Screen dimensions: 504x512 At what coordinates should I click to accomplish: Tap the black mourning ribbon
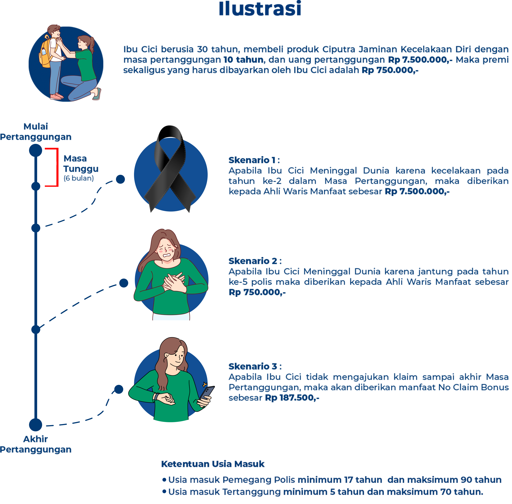169,169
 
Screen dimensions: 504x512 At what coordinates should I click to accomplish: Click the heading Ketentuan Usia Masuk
212,464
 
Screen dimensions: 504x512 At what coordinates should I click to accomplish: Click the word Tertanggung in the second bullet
251,492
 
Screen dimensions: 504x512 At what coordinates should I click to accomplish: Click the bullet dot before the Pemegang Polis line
164,480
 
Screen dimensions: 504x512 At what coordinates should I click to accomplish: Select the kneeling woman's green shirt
86,65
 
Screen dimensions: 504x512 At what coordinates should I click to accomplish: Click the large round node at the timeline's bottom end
35,425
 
